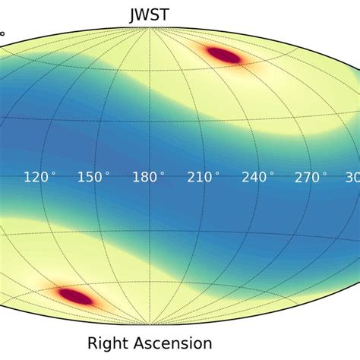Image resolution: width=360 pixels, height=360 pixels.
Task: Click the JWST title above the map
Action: click(148, 14)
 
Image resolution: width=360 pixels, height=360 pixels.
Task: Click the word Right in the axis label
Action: click(108, 343)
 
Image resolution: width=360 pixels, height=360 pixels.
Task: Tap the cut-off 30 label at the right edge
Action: click(352, 177)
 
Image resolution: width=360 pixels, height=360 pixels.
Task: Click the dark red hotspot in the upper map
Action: click(223, 54)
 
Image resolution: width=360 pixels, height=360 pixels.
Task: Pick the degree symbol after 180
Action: click(162, 173)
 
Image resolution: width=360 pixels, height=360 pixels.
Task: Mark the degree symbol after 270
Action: click(325, 173)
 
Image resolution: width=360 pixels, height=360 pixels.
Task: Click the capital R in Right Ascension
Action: click(93, 343)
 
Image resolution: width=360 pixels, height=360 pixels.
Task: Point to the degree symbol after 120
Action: click(53, 173)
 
